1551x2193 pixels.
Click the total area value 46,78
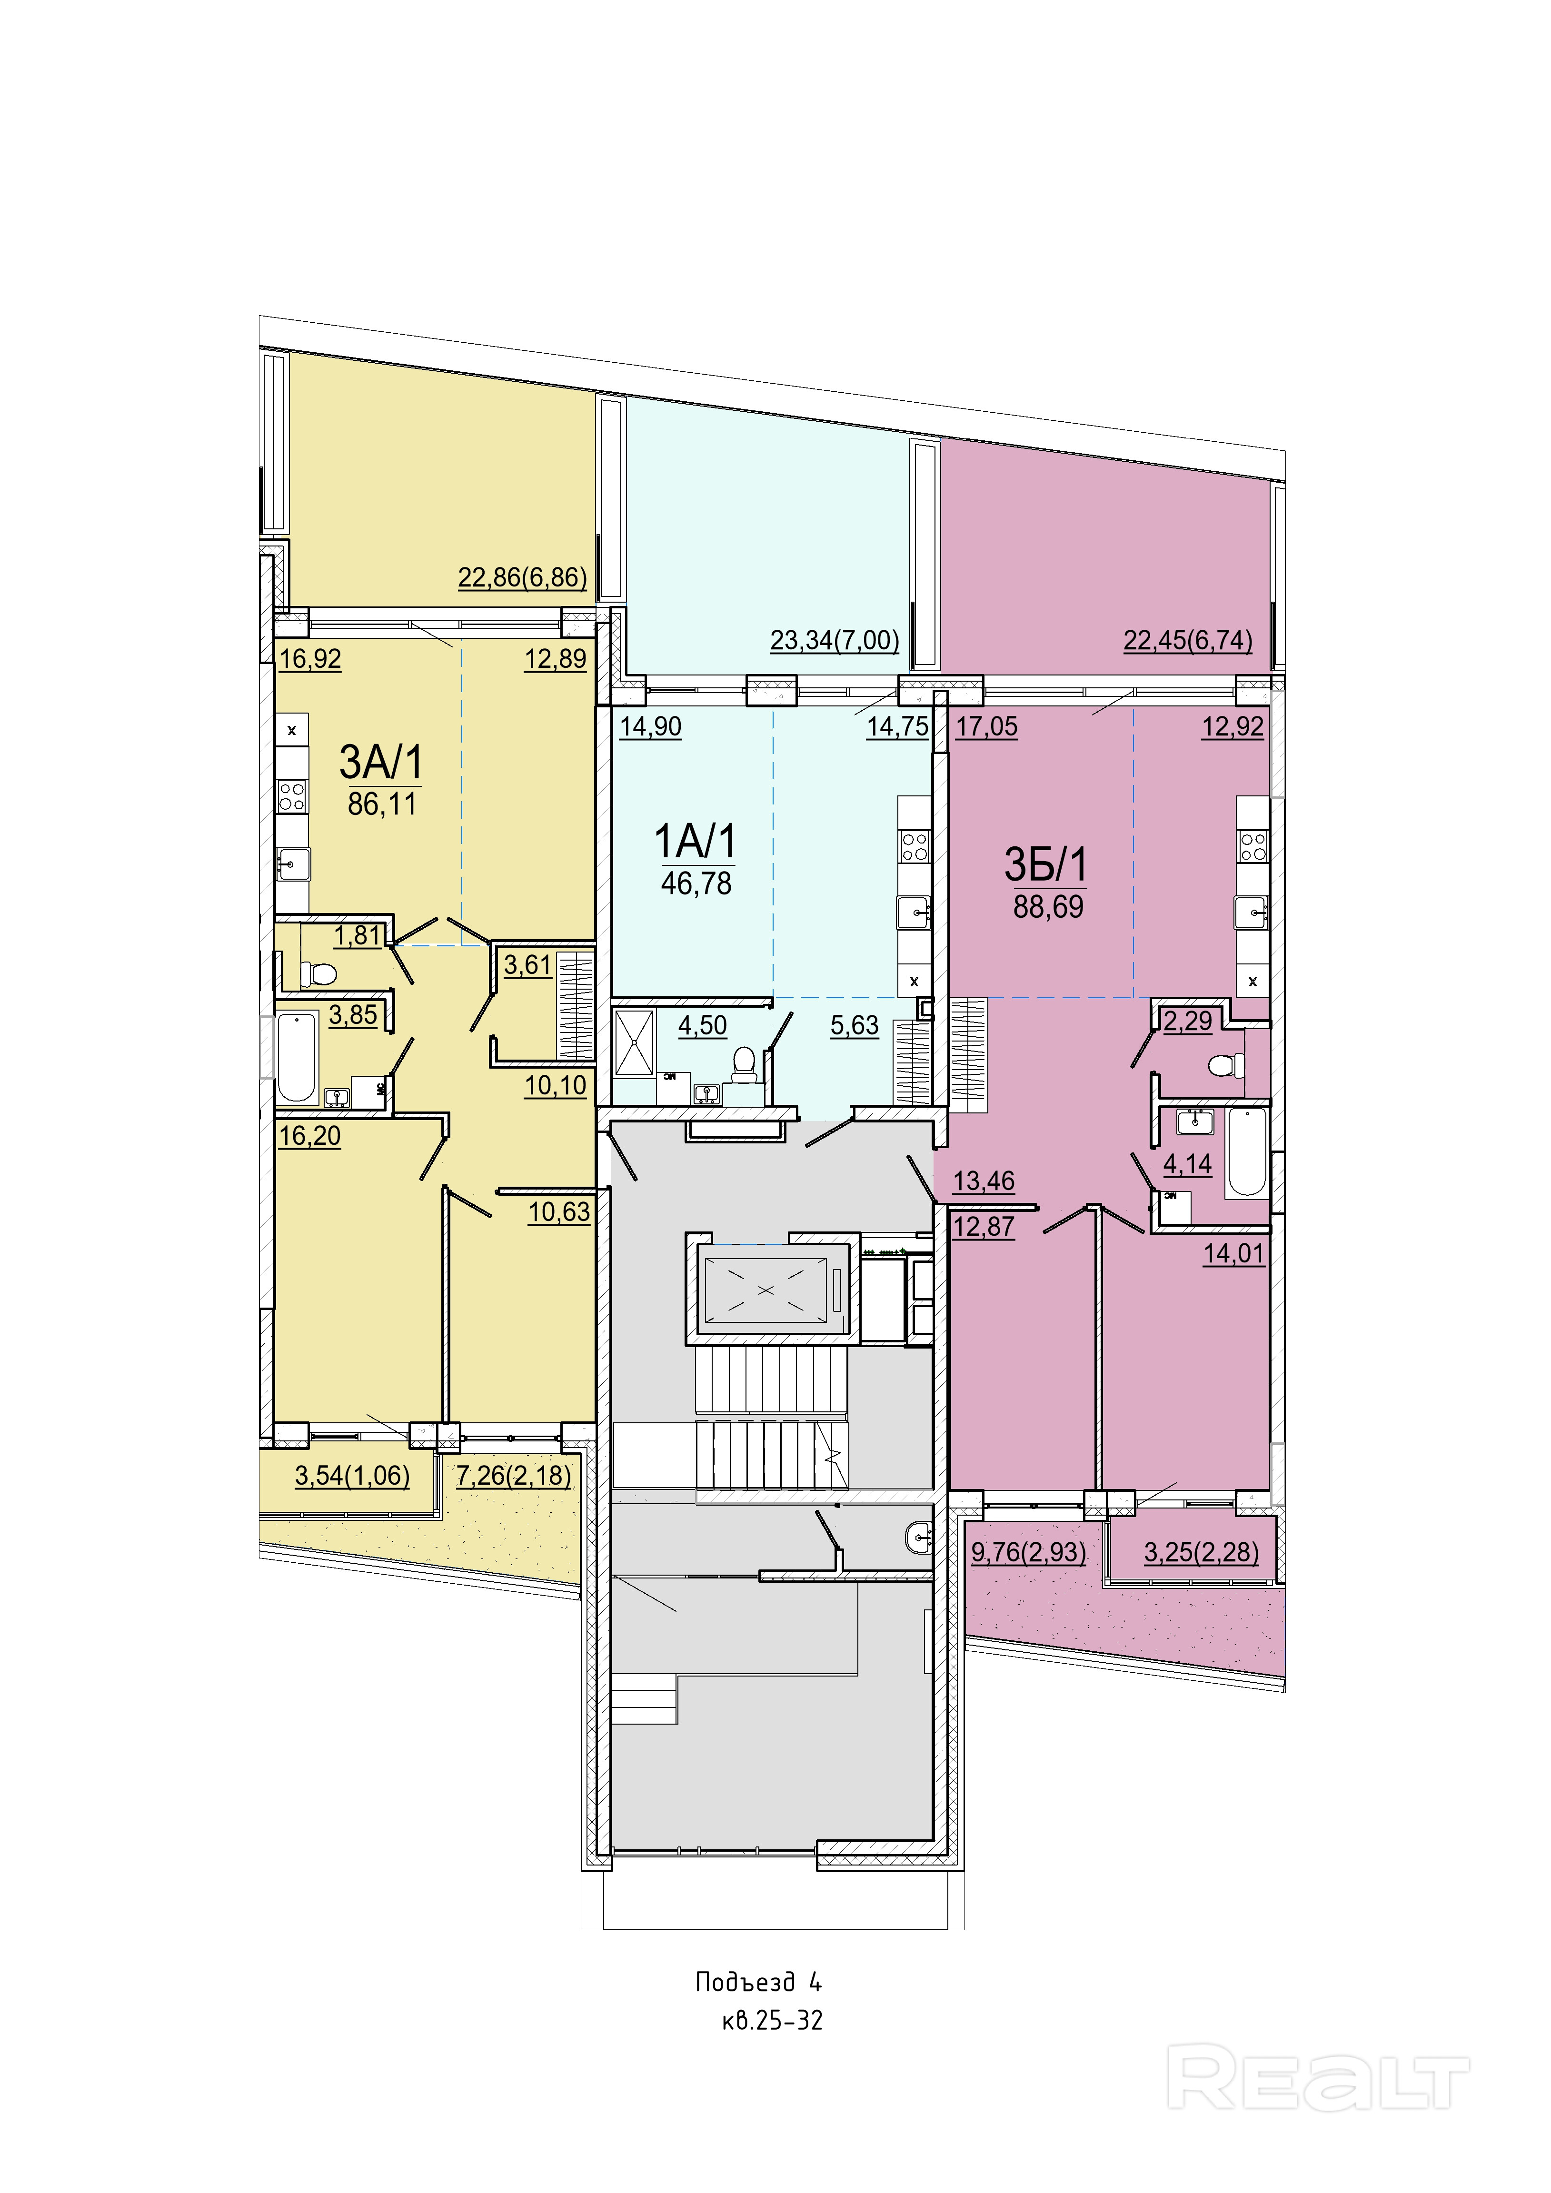(696, 883)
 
